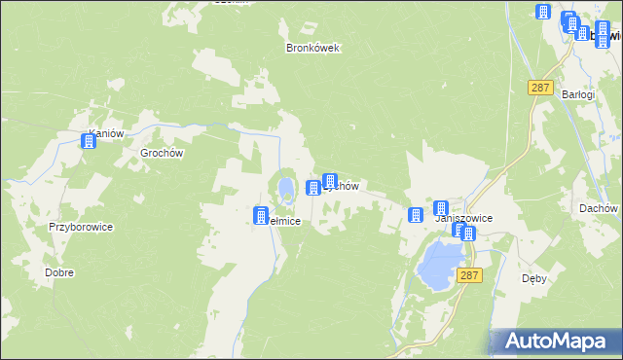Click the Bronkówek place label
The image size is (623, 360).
[311, 48]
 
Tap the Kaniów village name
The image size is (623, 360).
[107, 134]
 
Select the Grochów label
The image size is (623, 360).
[162, 153]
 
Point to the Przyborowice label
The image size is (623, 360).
[82, 227]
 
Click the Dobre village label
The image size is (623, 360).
[59, 273]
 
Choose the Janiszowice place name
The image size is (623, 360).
[463, 219]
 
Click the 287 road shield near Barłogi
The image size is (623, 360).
[540, 88]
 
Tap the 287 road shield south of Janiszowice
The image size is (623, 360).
[471, 276]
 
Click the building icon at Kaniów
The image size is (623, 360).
[90, 142]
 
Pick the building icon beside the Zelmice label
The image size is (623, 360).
[261, 216]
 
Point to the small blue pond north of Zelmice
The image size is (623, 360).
[284, 185]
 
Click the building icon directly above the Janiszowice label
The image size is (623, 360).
[441, 208]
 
